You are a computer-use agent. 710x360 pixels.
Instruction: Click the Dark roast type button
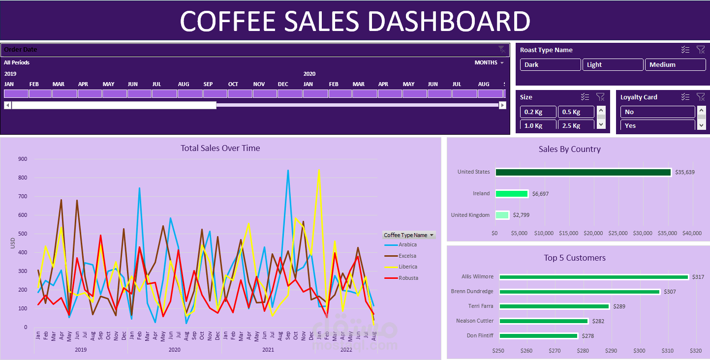click(550, 64)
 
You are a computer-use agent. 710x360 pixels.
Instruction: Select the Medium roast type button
click(675, 64)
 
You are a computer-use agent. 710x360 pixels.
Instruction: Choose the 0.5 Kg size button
click(576, 112)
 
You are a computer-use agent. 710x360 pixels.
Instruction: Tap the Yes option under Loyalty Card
click(657, 125)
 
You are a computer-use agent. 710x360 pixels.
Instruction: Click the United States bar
click(583, 172)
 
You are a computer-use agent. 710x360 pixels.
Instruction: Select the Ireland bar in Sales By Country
click(512, 194)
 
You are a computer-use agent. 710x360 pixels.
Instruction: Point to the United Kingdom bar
click(502, 215)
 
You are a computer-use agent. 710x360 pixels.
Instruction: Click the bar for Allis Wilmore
click(593, 277)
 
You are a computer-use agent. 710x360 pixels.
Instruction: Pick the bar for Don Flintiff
click(538, 336)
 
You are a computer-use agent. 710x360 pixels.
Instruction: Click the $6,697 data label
click(540, 194)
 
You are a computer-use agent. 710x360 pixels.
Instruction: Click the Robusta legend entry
click(407, 278)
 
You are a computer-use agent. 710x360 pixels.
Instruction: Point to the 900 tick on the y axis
click(23, 159)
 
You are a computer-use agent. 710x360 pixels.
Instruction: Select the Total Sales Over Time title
click(220, 148)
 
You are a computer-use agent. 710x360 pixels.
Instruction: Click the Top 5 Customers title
click(574, 258)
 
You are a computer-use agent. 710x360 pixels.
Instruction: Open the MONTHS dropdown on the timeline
click(489, 62)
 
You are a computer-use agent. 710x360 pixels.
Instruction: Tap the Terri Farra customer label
click(480, 306)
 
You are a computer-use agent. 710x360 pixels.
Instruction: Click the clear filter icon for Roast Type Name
click(701, 50)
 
